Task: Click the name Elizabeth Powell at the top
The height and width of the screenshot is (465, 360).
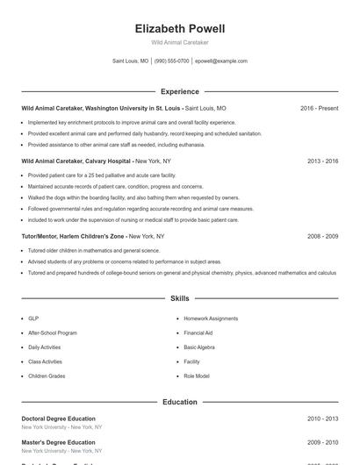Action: (x=179, y=28)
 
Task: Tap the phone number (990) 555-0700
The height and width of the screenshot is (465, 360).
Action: (x=172, y=61)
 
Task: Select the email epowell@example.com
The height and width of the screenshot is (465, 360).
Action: (x=221, y=61)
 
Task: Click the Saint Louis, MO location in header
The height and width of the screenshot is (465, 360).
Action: (x=131, y=61)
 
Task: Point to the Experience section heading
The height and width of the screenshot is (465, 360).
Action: (x=179, y=91)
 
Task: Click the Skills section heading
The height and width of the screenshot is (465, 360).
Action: (x=179, y=299)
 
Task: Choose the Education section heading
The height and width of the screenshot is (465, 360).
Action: (x=179, y=402)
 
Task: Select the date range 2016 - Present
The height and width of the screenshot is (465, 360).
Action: (x=319, y=109)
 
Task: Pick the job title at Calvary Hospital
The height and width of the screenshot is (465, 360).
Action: (x=76, y=161)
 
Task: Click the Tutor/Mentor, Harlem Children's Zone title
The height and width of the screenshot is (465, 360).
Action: (x=73, y=236)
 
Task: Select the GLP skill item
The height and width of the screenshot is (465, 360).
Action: (x=33, y=318)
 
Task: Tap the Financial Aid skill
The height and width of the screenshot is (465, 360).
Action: (x=199, y=333)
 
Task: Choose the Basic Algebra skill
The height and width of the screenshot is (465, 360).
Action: (x=199, y=347)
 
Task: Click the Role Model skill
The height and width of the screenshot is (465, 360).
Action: (x=197, y=376)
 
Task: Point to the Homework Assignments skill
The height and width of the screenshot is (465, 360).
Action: (x=211, y=318)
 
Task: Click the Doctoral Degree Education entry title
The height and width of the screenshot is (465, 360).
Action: (x=58, y=418)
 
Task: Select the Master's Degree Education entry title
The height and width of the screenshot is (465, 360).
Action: (x=58, y=442)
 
